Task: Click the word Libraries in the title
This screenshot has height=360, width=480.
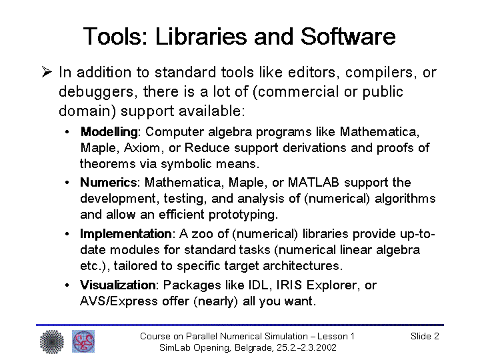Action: (x=201, y=37)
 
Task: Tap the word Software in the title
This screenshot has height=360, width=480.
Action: (x=348, y=37)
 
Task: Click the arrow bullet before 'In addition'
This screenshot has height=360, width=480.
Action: (x=47, y=72)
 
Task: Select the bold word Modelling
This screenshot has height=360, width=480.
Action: (x=109, y=132)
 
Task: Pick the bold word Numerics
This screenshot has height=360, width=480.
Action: (x=109, y=183)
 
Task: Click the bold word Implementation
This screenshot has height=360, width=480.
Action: (x=126, y=234)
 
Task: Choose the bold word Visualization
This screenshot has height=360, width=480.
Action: (x=118, y=285)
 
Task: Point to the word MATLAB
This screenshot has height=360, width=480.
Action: (x=313, y=183)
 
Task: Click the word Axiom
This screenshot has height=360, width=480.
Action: (x=142, y=148)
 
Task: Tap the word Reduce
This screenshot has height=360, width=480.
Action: (x=207, y=148)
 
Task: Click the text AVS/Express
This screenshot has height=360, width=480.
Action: (x=119, y=301)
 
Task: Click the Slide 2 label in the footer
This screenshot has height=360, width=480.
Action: (x=425, y=336)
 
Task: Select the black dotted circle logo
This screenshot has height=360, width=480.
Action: (x=52, y=341)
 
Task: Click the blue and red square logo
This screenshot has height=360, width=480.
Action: (x=83, y=341)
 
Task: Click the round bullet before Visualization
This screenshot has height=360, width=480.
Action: (x=67, y=285)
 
